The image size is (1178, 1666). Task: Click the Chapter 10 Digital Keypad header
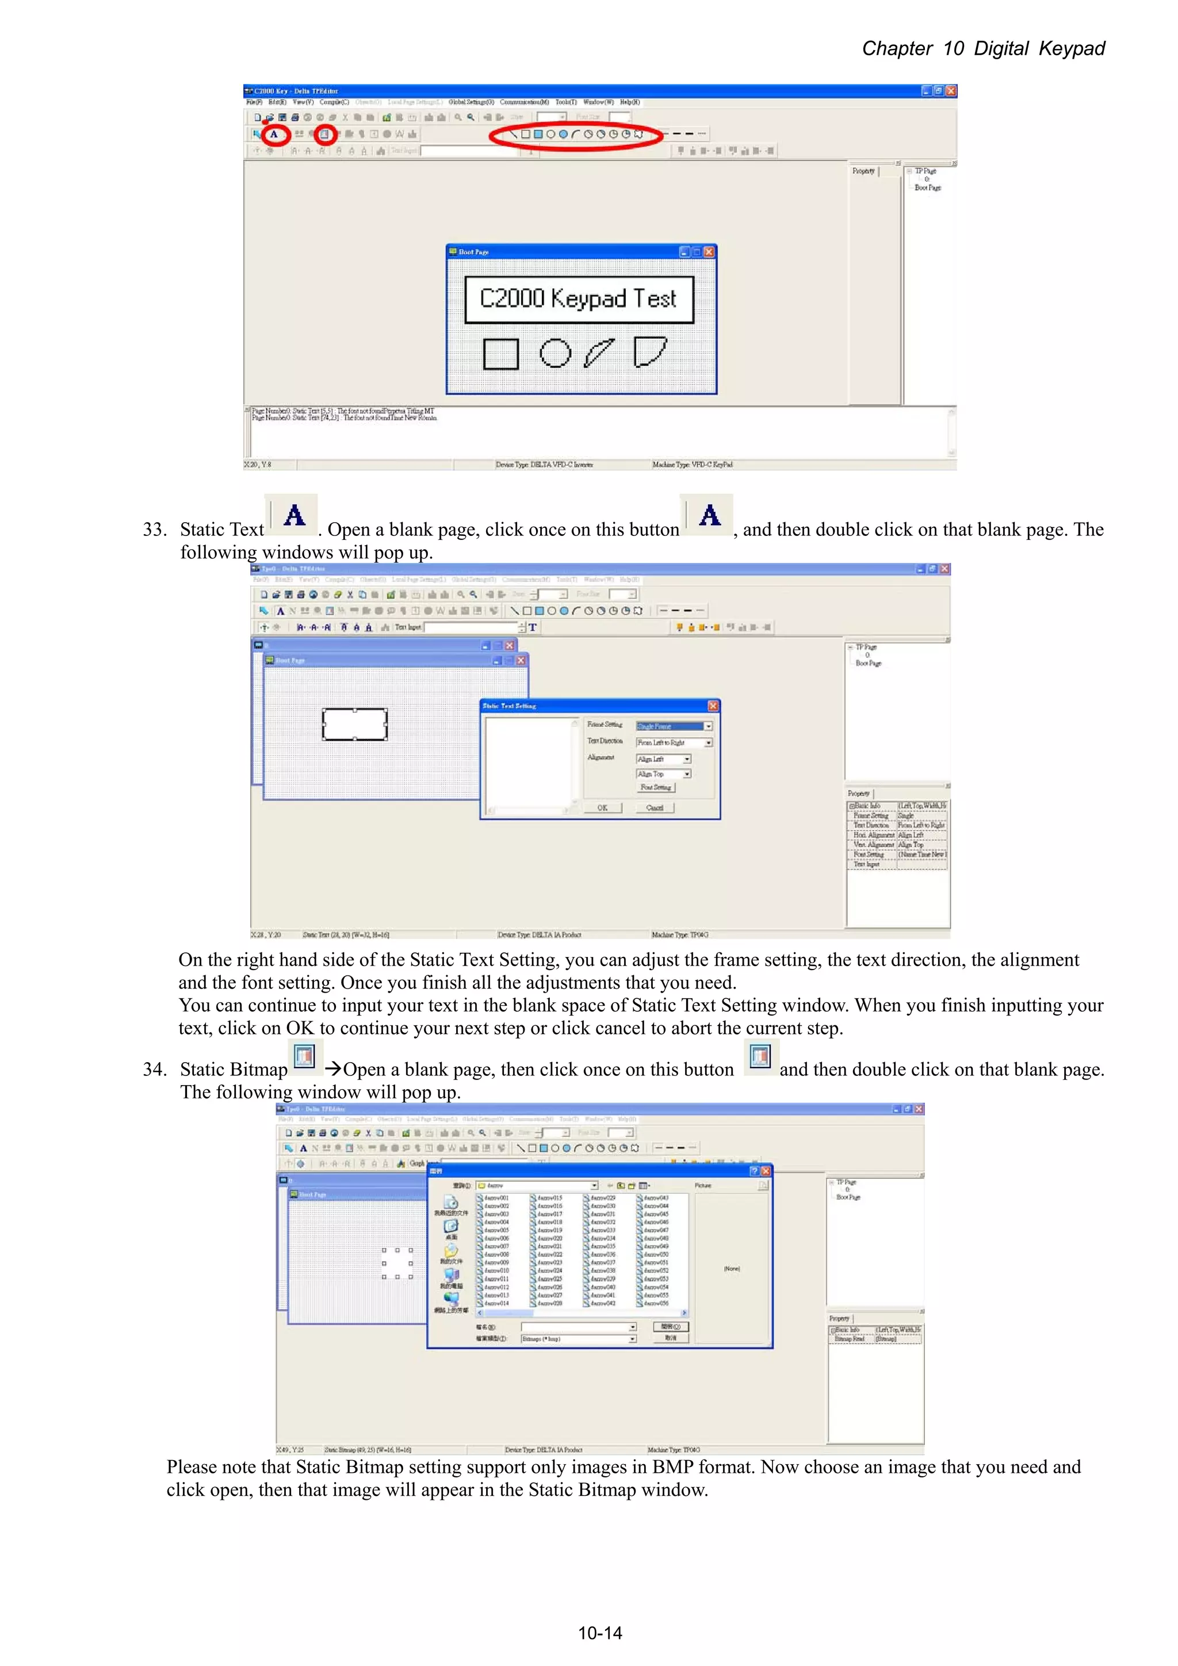[x=983, y=49]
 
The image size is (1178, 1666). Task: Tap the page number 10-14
[x=599, y=1633]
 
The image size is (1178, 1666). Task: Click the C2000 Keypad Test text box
[x=579, y=299]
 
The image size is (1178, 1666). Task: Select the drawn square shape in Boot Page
[x=501, y=354]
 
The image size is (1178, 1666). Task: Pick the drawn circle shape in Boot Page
[x=555, y=353]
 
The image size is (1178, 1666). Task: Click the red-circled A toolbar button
[x=274, y=134]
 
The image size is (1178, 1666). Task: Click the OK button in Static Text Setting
[x=602, y=807]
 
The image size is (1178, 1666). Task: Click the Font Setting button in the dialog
[x=655, y=787]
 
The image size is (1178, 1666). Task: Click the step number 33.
[x=154, y=530]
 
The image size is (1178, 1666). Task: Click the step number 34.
[x=154, y=1070]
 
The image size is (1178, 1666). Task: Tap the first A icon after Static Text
[x=294, y=515]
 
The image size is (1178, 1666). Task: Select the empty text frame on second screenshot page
[x=354, y=724]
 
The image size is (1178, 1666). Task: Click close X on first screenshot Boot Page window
[x=709, y=252]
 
